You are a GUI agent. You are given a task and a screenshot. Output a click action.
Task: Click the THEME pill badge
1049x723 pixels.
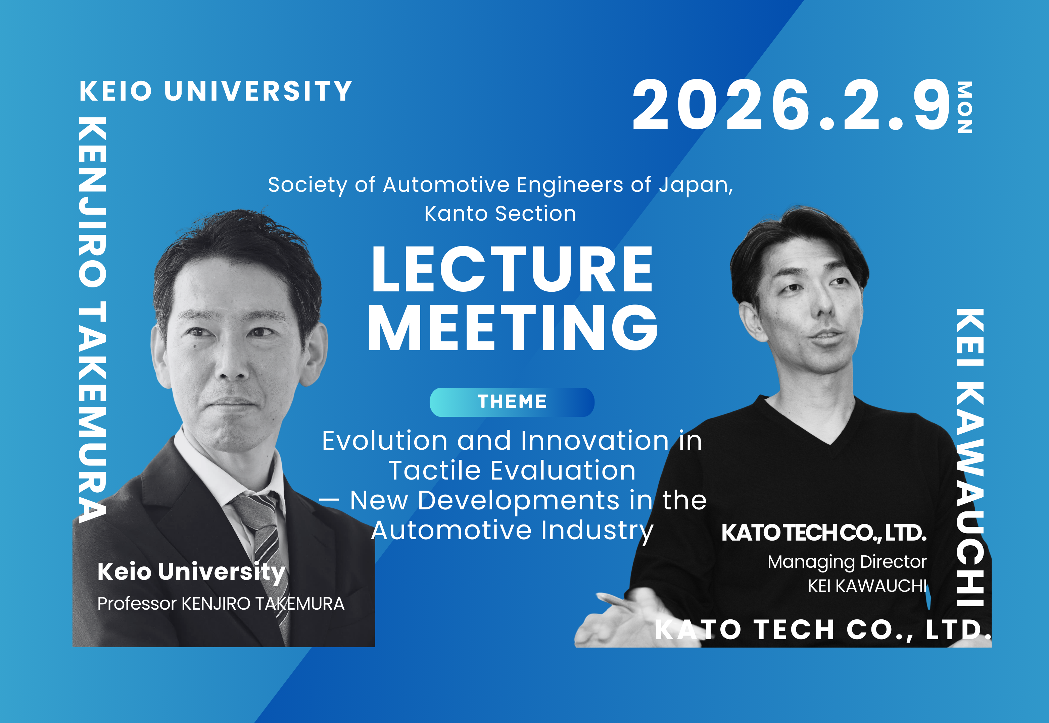pos(512,402)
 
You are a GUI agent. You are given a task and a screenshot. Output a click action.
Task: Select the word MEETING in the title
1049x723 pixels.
pos(512,328)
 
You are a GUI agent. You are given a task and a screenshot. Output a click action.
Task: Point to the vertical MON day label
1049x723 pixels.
pos(964,107)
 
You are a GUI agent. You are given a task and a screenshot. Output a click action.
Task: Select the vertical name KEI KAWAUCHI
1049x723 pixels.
pos(970,457)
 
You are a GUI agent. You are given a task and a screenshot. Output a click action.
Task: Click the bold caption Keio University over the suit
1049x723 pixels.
pos(191,572)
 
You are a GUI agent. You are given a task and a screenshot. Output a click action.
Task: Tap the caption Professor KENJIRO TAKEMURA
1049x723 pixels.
pos(221,603)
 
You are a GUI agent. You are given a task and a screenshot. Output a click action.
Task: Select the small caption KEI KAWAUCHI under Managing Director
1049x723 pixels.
pos(867,586)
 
